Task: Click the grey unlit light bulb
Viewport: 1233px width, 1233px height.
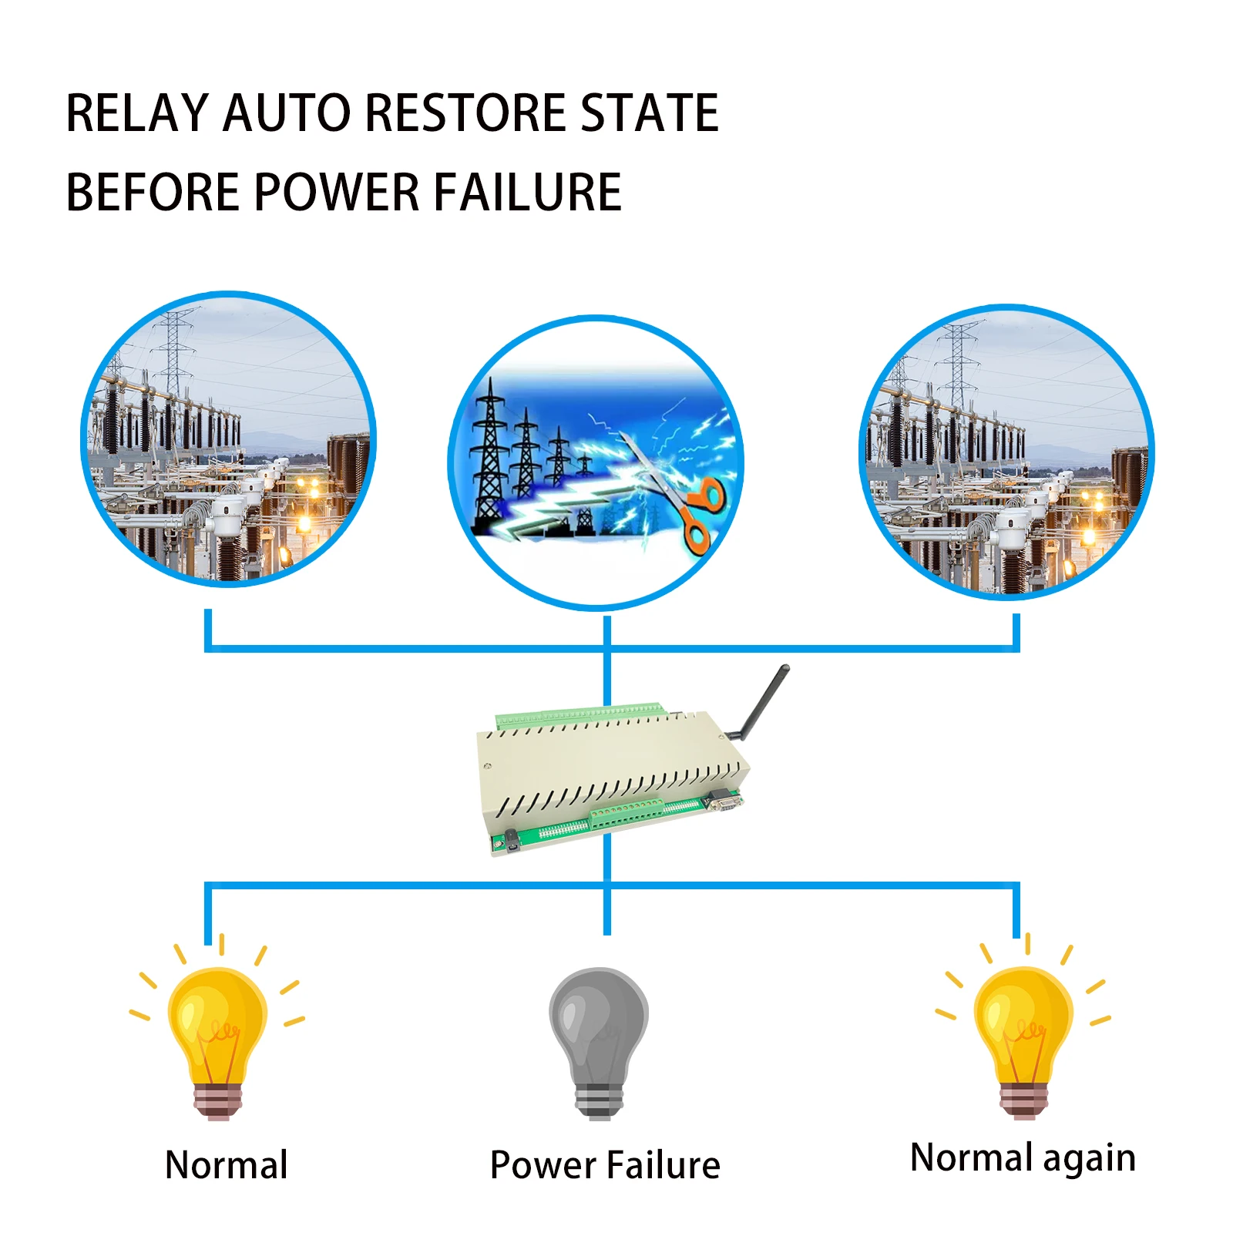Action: (x=599, y=1040)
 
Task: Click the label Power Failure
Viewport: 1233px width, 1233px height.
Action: (x=605, y=1164)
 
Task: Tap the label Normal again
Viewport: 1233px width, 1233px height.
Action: (x=1023, y=1157)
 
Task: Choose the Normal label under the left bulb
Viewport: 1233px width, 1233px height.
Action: (x=227, y=1164)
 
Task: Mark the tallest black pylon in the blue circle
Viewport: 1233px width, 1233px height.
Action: (x=489, y=459)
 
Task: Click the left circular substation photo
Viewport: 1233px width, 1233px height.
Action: (x=228, y=439)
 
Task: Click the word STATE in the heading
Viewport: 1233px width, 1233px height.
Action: (x=649, y=113)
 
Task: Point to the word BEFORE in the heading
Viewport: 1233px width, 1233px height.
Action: (x=153, y=192)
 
